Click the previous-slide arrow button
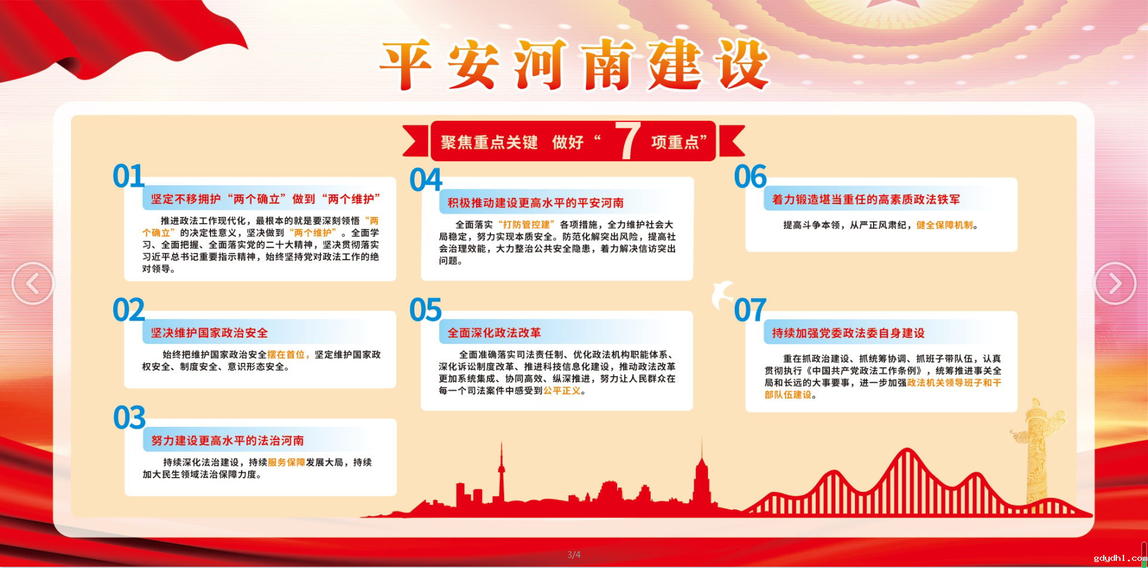[33, 283]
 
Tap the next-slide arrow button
[1115, 283]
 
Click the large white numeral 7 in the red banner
[628, 141]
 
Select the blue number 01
[129, 176]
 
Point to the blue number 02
[129, 310]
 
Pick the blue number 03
[129, 417]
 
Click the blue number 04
[426, 180]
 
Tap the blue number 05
[426, 310]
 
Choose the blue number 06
[750, 176]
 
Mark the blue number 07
[750, 310]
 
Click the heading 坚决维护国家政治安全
[209, 333]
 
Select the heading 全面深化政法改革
[494, 333]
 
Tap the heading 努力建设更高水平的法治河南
[227, 441]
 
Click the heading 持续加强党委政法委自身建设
[848, 333]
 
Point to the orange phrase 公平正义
[562, 390]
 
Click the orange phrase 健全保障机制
[945, 225]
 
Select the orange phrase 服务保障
[286, 462]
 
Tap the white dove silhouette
[723, 294]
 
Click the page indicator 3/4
[574, 555]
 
